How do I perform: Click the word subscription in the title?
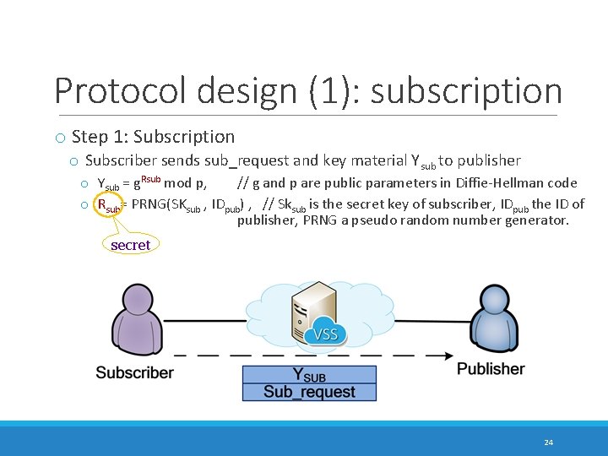pyautogui.click(x=466, y=91)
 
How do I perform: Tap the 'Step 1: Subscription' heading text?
pyautogui.click(x=153, y=137)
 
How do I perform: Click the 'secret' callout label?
pyautogui.click(x=130, y=245)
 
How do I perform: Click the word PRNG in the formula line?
pyautogui.click(x=149, y=204)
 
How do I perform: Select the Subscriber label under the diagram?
pyautogui.click(x=134, y=372)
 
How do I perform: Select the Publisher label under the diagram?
pyautogui.click(x=491, y=369)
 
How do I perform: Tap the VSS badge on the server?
pyautogui.click(x=325, y=334)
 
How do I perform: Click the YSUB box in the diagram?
pyautogui.click(x=309, y=375)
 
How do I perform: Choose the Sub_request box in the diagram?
pyautogui.click(x=309, y=392)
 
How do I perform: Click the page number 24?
pyautogui.click(x=549, y=442)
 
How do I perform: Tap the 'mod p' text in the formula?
pyautogui.click(x=184, y=182)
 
